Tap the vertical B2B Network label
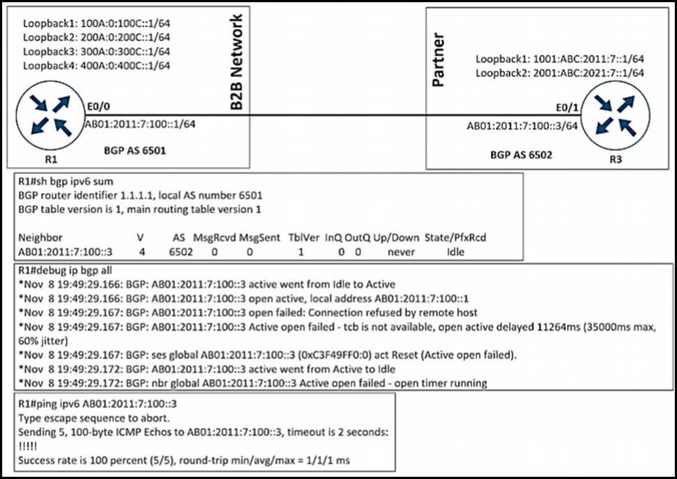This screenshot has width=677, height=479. [236, 62]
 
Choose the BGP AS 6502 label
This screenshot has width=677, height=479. [521, 154]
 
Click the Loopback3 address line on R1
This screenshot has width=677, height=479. [97, 52]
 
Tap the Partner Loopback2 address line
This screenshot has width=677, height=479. [560, 72]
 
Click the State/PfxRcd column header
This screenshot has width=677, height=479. [457, 237]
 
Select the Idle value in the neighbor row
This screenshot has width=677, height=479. [456, 251]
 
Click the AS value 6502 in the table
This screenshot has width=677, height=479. [179, 251]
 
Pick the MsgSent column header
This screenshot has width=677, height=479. [258, 237]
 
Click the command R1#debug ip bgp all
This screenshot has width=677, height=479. [66, 270]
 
